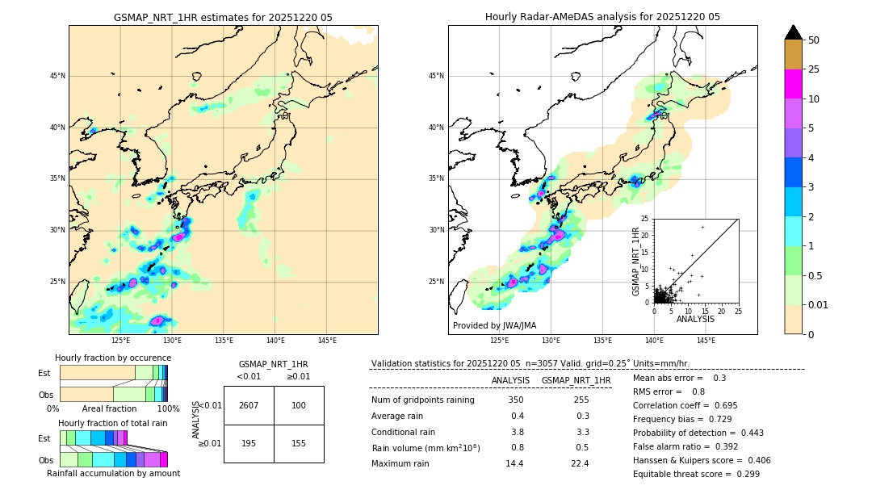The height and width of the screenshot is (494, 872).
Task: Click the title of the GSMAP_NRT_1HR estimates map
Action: pos(223,17)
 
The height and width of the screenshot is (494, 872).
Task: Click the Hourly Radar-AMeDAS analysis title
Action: pos(602,17)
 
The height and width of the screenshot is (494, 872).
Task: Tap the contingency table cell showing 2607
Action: pos(248,405)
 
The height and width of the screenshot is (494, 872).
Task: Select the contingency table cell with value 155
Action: pos(298,443)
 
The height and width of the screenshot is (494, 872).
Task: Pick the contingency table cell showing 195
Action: pos(248,443)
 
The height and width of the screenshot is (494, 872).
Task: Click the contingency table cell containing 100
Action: pos(298,405)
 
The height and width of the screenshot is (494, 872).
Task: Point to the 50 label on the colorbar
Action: pos(814,40)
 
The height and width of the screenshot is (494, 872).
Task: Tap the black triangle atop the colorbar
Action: pos(794,32)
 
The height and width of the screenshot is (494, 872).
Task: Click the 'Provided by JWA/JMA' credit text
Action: pos(494,326)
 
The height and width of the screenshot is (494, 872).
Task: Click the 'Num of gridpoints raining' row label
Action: pos(423,400)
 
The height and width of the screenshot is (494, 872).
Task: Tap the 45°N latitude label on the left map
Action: pos(57,76)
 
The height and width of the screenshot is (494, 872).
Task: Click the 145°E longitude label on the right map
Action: pos(706,341)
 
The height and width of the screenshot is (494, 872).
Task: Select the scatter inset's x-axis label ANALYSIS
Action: pos(695,319)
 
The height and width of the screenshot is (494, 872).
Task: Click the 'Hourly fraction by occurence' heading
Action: pos(113,358)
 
